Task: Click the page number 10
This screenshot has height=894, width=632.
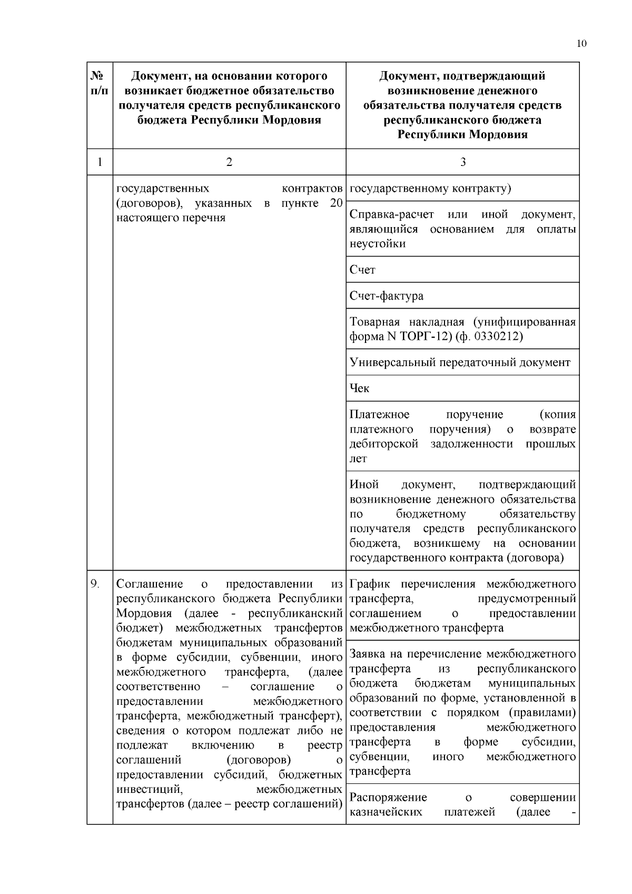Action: click(x=581, y=44)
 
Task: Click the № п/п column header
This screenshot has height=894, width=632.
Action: click(x=100, y=83)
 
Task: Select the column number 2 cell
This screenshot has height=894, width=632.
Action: click(x=229, y=162)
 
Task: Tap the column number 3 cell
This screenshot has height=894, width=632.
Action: click(x=462, y=162)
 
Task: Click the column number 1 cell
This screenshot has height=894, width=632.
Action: click(x=100, y=162)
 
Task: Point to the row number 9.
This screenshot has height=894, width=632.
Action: click(x=95, y=584)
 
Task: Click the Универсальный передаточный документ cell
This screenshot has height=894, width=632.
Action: click(x=460, y=362)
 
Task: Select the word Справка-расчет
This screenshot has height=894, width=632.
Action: click(x=391, y=215)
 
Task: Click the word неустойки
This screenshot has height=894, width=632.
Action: click(x=377, y=244)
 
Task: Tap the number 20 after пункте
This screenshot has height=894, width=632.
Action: click(x=335, y=204)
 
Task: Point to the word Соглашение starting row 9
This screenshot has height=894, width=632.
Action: click(x=150, y=584)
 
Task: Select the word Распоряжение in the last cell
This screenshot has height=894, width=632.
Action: click(x=388, y=798)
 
